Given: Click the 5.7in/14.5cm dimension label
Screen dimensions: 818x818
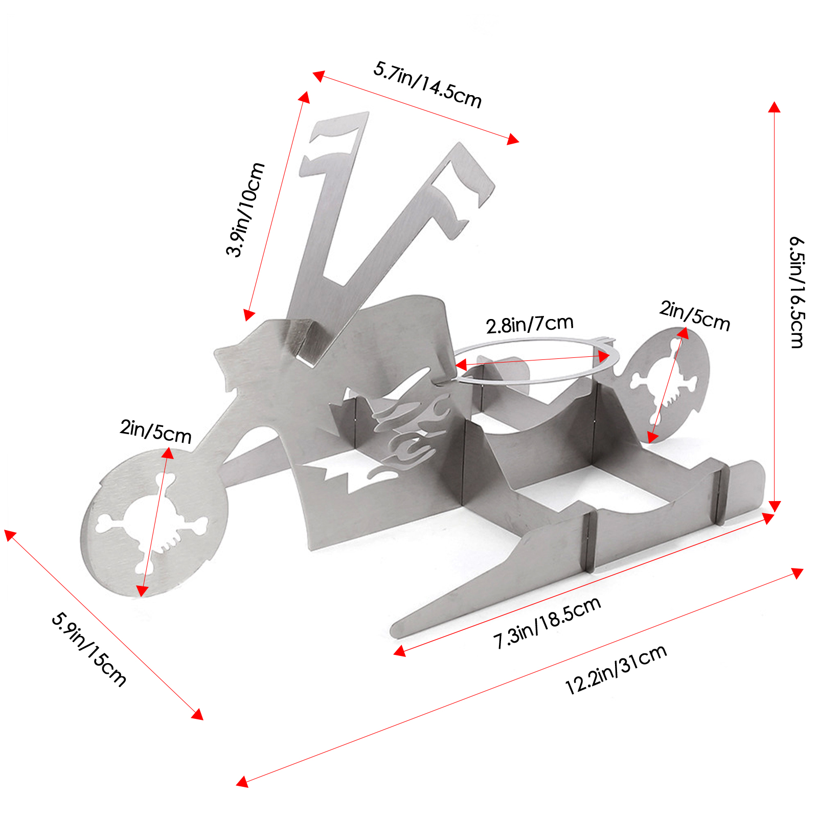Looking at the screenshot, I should [x=427, y=85].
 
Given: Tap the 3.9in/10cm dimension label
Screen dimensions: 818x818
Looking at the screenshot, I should [x=245, y=210].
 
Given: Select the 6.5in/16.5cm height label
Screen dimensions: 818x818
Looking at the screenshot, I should [x=797, y=292].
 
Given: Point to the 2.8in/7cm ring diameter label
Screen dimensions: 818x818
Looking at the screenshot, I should [x=530, y=324].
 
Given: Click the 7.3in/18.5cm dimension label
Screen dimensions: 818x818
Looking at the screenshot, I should [x=547, y=623].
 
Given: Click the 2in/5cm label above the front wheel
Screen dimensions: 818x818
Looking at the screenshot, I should [x=155, y=432].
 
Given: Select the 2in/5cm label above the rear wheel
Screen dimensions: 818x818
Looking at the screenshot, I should [x=694, y=316].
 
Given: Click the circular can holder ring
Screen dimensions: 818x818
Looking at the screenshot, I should [x=537, y=360].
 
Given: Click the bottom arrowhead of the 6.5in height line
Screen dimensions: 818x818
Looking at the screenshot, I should [x=775, y=506].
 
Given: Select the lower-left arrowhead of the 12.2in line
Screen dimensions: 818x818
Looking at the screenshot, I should [x=242, y=782].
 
